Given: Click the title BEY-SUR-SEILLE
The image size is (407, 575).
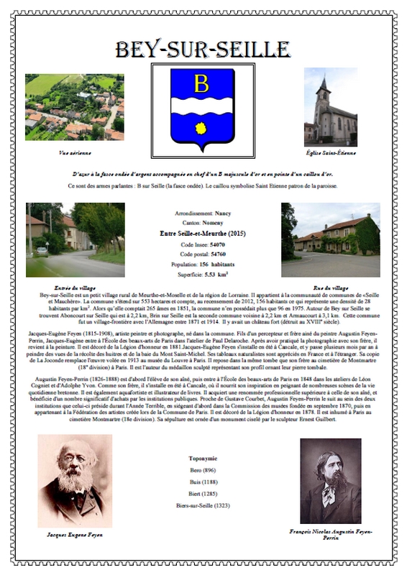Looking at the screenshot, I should click(203, 50).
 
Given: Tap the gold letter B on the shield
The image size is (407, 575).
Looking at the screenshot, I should click(201, 84).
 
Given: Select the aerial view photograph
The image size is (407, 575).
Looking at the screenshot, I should click(74, 107).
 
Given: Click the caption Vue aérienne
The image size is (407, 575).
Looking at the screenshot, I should click(73, 152).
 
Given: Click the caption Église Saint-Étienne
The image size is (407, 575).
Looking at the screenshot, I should click(330, 152).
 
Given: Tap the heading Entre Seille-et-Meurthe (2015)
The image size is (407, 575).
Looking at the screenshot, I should click(203, 234).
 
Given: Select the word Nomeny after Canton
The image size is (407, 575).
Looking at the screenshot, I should click(214, 224).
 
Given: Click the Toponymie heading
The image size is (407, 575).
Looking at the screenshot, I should click(203, 458).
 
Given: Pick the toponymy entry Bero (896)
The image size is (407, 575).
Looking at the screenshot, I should click(203, 470).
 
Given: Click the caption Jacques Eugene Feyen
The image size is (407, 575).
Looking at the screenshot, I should click(75, 535).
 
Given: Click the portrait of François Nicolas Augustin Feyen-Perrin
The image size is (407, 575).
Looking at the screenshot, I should click(331, 481).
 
